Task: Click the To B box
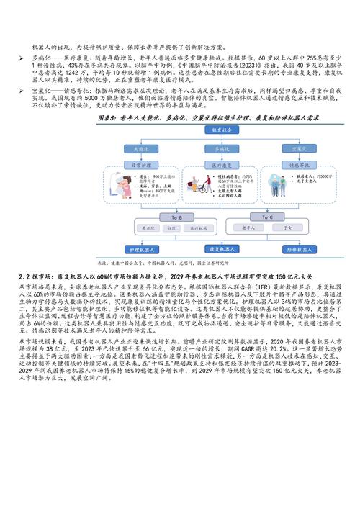[x=167, y=215]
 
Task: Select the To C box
[x=267, y=215]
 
